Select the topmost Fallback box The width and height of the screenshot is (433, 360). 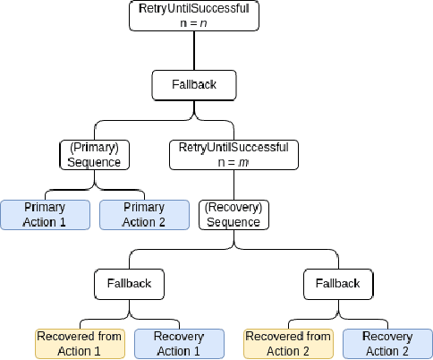(194, 86)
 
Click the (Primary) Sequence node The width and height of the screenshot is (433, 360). (94, 154)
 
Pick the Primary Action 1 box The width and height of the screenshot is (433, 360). (44, 215)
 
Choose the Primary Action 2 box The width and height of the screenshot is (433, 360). (143, 215)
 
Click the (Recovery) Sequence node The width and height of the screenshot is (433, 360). (234, 215)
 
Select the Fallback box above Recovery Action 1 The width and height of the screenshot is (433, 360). (130, 284)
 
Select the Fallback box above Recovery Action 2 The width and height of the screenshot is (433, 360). (338, 284)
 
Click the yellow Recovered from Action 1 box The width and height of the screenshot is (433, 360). (80, 344)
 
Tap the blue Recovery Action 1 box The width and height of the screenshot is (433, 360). (178, 344)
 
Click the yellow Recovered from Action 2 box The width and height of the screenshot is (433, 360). (287, 344)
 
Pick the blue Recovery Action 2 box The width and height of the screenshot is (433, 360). (387, 344)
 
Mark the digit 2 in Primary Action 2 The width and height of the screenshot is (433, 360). (162, 221)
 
